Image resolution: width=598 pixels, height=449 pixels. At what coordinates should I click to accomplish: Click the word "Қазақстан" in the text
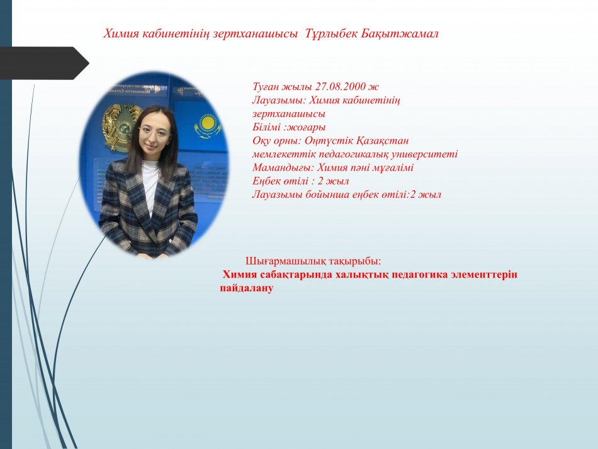point(382,141)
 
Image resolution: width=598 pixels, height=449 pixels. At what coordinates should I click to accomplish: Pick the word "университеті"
point(425,154)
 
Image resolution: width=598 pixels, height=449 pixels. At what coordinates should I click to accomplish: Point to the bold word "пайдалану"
point(246,288)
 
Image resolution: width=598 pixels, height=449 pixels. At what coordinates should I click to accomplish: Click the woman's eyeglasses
point(154,134)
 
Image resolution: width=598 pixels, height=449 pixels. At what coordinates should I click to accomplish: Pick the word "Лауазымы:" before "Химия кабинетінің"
point(279,100)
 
